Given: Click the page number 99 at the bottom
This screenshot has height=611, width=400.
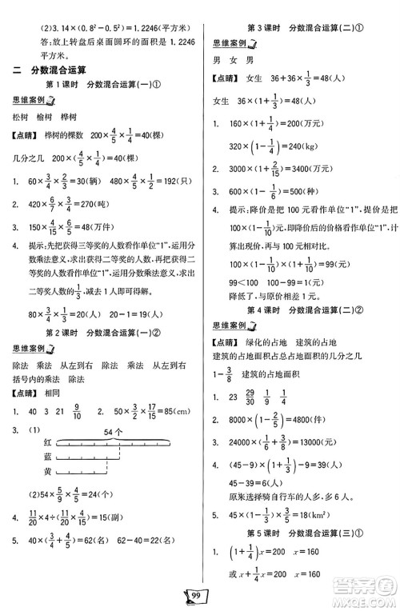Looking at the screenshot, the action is tap(199, 593).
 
